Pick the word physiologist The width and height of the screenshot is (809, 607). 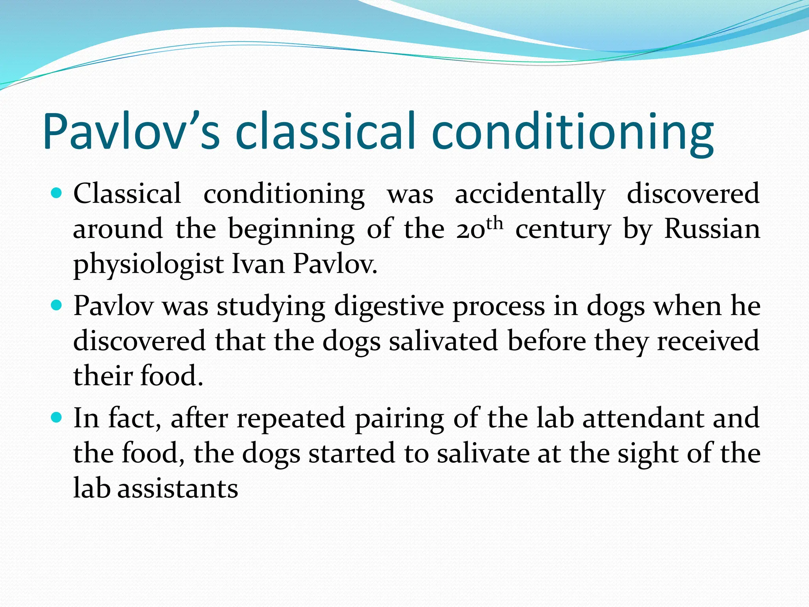point(149,265)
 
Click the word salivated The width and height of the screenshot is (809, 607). point(443,341)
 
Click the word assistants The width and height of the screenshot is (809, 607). point(178,488)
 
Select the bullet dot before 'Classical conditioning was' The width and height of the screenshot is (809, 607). point(57,194)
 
